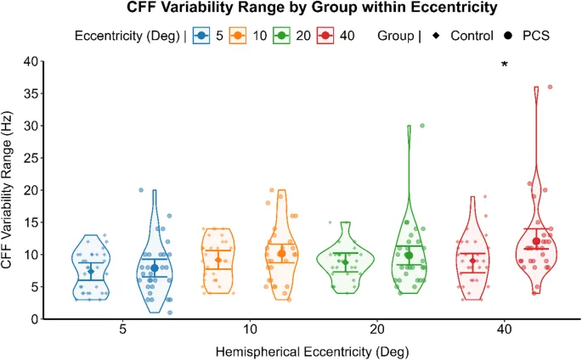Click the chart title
pos(291,9)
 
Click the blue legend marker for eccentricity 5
pos(201,37)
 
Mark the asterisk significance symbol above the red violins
pos(505,65)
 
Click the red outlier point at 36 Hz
pos(551,87)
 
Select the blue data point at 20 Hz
pos(140,190)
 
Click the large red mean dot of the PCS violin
pos(536,242)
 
